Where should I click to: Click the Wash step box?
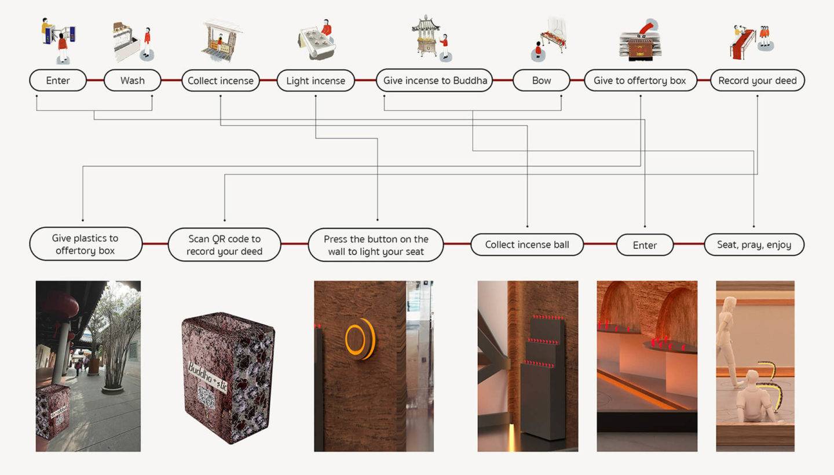coord(132,81)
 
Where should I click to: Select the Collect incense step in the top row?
coord(220,81)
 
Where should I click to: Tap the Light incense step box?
coord(315,81)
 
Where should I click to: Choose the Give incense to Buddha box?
coord(434,81)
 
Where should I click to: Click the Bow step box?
coord(541,81)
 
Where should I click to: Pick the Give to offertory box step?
coord(639,81)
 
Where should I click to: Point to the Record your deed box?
coord(757,81)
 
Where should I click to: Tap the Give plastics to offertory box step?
coord(85,244)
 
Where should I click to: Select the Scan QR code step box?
coord(224,245)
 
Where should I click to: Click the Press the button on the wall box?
coord(376,245)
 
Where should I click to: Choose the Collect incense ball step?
coord(526,245)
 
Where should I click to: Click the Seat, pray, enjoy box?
coord(753,245)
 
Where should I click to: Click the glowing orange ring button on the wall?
coord(359,339)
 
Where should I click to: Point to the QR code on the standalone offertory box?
coord(206,397)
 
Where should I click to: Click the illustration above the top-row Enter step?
coord(58,39)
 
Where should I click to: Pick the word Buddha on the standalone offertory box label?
coord(200,369)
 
